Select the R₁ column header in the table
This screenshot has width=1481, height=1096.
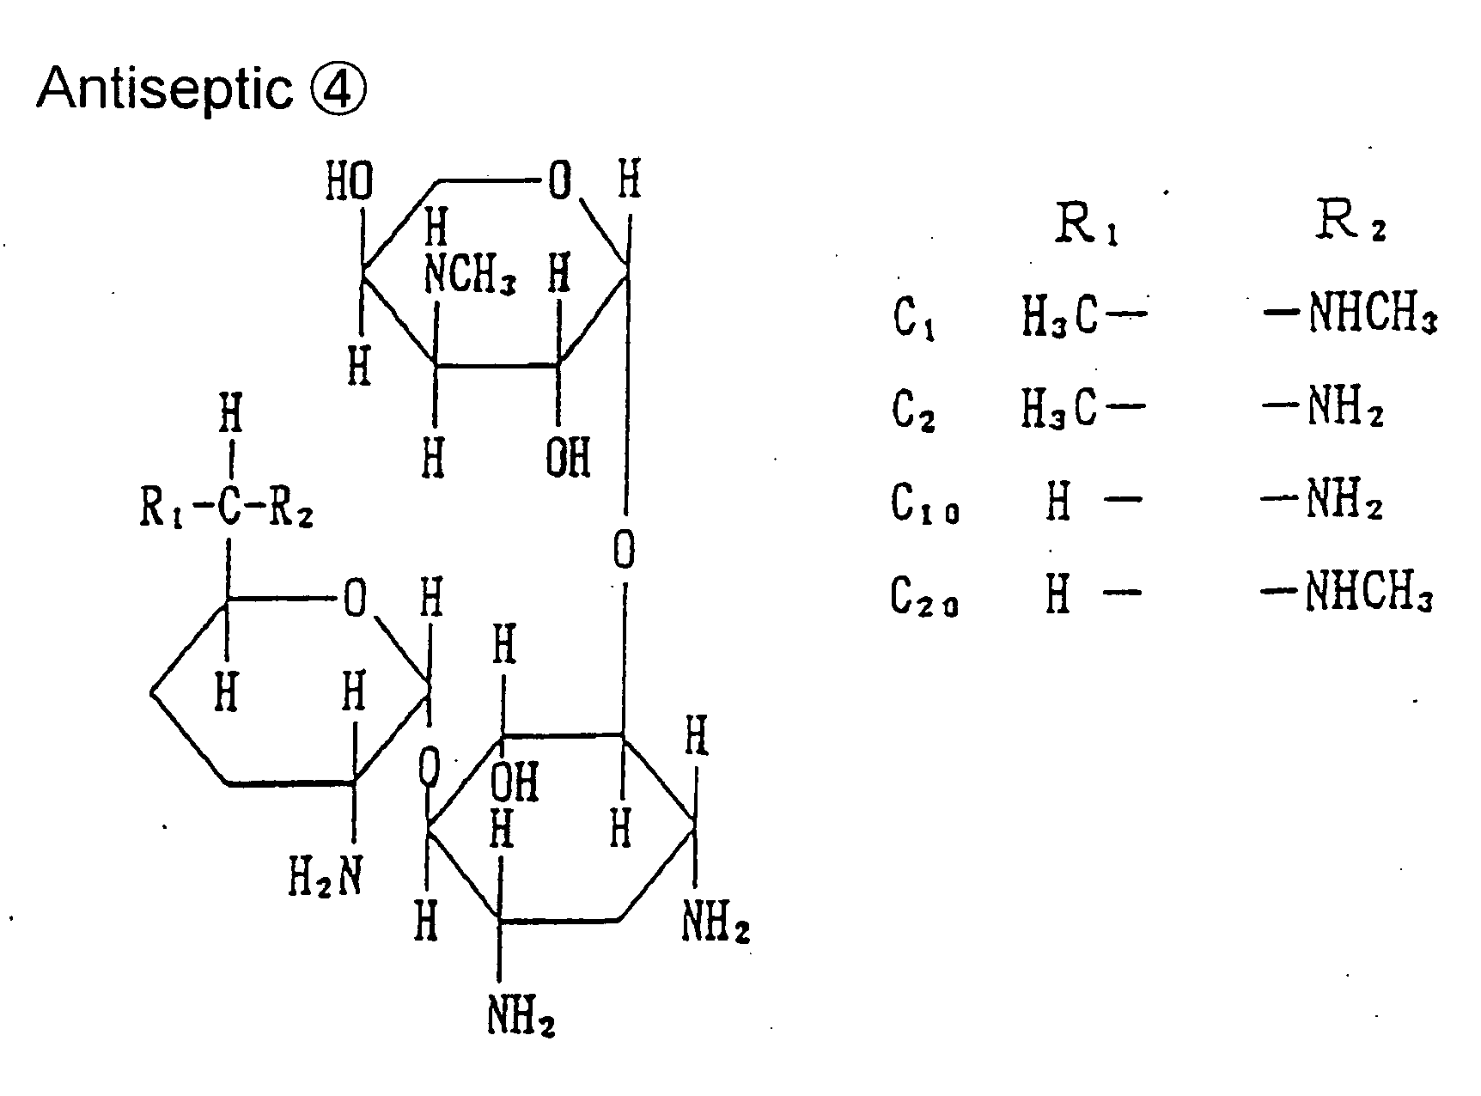1086,225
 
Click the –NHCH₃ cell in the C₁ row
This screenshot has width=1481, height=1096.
1349,315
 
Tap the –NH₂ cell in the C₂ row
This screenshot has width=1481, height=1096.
1323,408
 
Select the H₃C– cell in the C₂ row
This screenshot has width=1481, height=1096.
1083,408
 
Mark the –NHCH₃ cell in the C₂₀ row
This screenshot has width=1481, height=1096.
1348,594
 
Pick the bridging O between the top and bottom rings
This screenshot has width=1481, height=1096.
625,550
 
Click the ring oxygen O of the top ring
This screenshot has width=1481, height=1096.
559,182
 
